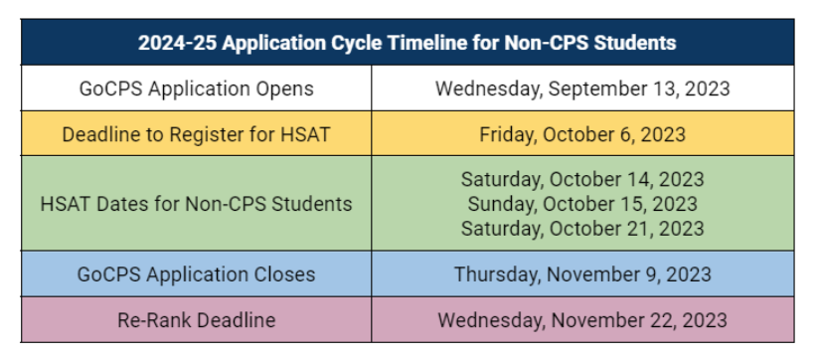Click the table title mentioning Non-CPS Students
408,43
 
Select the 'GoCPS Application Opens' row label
197,89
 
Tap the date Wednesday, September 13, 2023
582,89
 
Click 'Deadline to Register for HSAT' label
197,133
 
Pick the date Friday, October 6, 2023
582,133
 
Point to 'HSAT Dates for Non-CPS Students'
197,204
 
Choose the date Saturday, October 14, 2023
582,179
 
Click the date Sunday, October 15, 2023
582,204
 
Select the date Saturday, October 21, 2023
582,229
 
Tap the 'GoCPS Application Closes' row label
197,273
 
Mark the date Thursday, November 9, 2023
582,273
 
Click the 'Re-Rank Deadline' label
197,320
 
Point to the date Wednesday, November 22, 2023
582,320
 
